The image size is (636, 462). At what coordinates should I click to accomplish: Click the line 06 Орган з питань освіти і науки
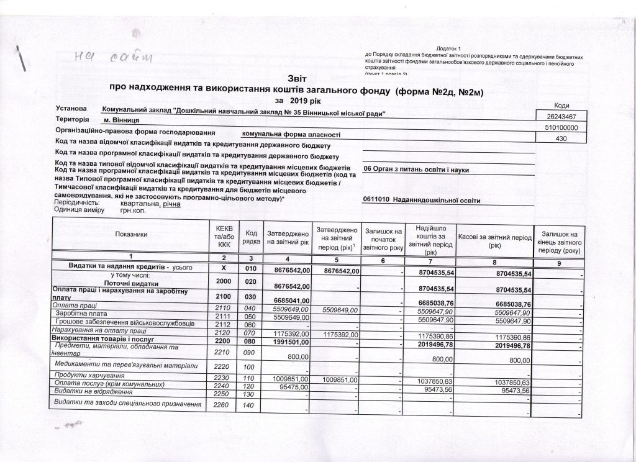(x=416, y=170)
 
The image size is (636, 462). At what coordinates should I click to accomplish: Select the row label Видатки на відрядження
(x=93, y=393)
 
